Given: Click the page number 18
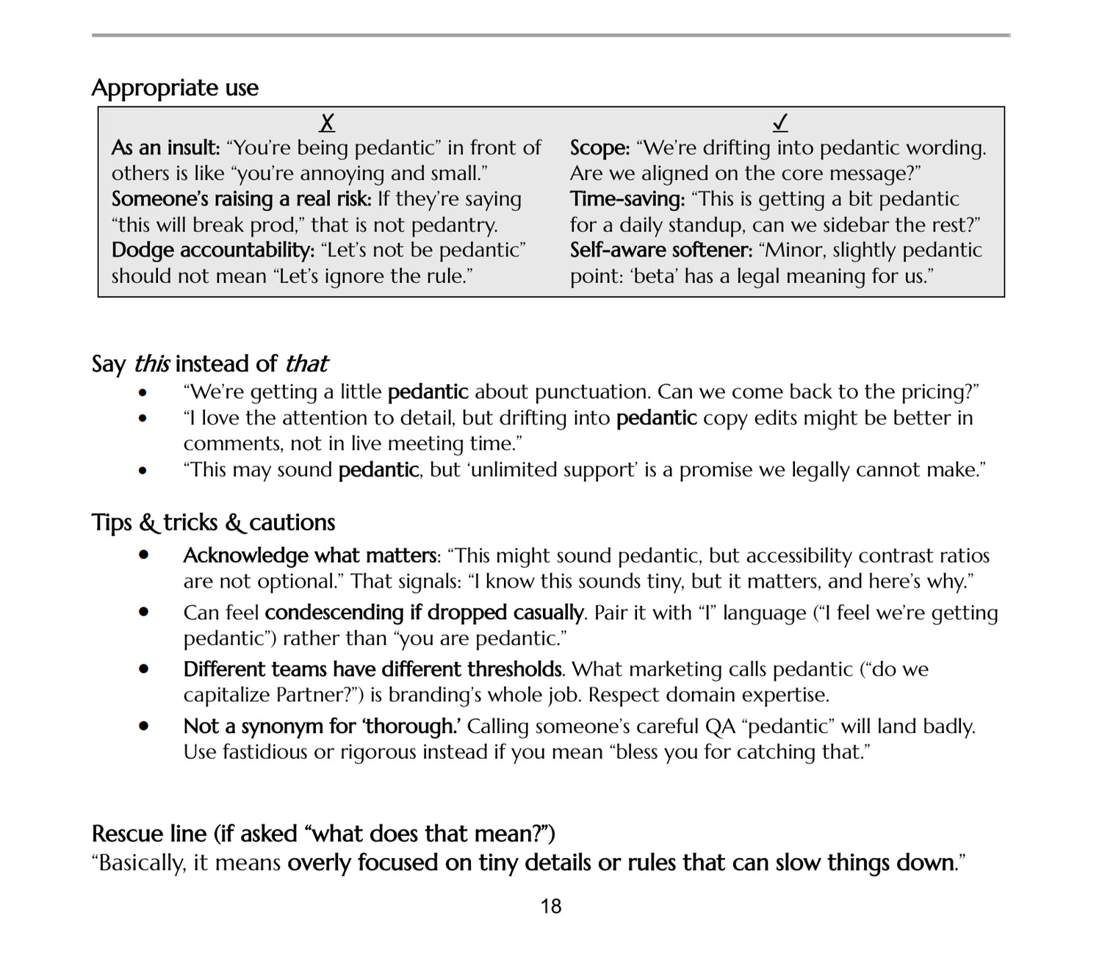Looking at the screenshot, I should tap(551, 906).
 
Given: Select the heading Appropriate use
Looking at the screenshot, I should tap(175, 88).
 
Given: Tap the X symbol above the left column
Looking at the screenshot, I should tap(328, 122).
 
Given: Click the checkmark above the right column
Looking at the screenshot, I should tap(780, 122).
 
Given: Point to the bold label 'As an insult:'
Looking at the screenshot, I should tap(165, 148).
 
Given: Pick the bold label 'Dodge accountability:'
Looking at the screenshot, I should tap(213, 250).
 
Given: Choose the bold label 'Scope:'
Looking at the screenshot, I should tap(599, 148).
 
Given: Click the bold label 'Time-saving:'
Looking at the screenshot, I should tap(627, 199).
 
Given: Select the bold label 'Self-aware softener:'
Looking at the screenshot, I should tap(661, 250).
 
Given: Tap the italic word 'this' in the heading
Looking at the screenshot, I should tap(152, 364).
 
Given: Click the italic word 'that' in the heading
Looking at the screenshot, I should tap(306, 364).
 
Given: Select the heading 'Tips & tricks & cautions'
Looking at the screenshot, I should tap(213, 522).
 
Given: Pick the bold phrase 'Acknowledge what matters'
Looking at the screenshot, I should tap(309, 555).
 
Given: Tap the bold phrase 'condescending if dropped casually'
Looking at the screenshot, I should tap(424, 613).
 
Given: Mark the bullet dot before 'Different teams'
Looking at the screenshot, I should tap(143, 669).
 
